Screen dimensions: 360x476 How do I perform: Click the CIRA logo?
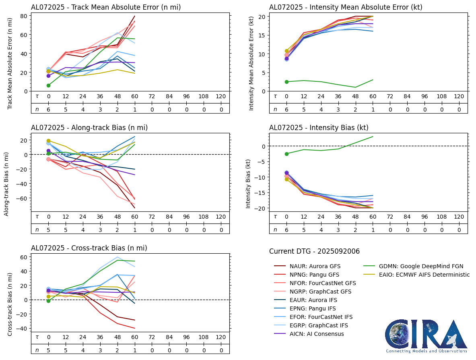pos(426,336)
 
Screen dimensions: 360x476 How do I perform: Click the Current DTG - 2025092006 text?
pos(314,251)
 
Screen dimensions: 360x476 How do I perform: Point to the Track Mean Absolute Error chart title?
pos(106,7)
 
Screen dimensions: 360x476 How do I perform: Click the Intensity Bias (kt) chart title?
pos(319,128)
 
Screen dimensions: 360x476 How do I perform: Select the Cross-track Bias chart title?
pos(89,248)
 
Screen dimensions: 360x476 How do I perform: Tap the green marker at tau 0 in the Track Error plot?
pos(49,85)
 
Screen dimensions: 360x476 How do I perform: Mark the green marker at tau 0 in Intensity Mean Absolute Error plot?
pos(287,82)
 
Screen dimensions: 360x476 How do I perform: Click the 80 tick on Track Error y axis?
pos(24,16)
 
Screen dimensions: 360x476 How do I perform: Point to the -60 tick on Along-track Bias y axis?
pos(22,199)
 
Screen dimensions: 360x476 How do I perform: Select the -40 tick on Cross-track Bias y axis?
pos(22,329)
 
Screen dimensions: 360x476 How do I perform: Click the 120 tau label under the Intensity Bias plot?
pos(459,217)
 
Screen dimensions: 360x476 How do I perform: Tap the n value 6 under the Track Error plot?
pos(49,109)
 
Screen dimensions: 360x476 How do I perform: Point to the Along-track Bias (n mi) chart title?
pos(89,128)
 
